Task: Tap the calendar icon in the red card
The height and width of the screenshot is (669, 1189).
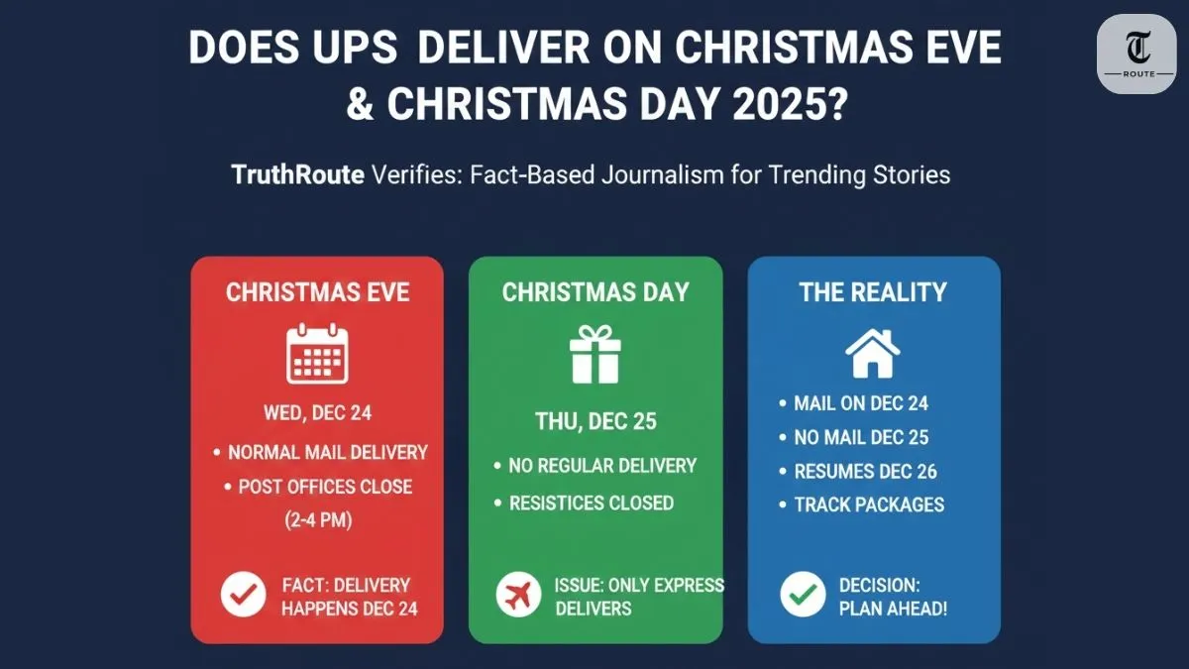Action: click(317, 354)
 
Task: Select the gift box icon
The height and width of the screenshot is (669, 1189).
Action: click(594, 356)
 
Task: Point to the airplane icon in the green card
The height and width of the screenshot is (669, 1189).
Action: click(519, 595)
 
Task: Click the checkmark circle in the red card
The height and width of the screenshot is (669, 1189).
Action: click(244, 595)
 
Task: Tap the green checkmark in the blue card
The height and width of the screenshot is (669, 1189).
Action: click(803, 595)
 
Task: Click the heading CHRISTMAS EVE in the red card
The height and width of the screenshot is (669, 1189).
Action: click(317, 292)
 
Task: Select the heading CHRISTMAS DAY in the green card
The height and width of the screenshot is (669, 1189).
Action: click(595, 292)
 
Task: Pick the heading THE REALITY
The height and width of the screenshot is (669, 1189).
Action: click(873, 292)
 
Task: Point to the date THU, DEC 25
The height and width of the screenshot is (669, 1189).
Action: click(595, 421)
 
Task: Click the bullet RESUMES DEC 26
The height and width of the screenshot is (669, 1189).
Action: click(865, 471)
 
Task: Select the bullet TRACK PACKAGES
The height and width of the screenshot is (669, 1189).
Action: click(869, 504)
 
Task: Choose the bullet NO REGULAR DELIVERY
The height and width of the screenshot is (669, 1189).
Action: click(602, 465)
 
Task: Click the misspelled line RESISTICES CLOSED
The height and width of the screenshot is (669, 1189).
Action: click(591, 502)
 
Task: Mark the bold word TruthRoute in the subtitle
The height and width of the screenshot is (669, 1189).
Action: click(296, 175)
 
